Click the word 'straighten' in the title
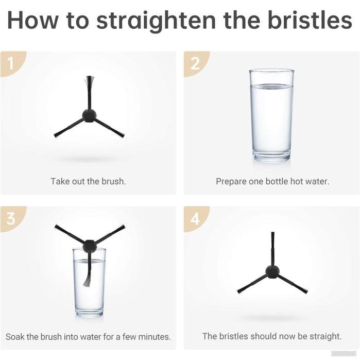click(156, 21)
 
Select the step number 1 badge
click(11, 63)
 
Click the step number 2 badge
click(195, 63)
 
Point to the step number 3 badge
click(11, 218)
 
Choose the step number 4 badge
click(195, 218)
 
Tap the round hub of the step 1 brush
click(89, 116)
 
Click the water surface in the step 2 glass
click(271, 87)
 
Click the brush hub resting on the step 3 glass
click(90, 246)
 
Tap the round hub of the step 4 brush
click(272, 272)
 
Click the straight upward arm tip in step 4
click(272, 233)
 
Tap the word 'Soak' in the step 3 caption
click(15, 337)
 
